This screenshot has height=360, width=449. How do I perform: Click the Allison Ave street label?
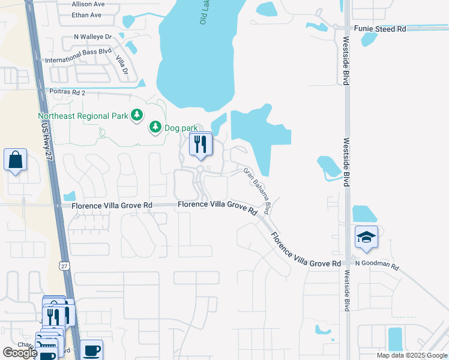coord(88,4)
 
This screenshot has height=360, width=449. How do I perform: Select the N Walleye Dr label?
coord(93,37)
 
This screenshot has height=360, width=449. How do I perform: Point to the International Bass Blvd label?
coord(79,61)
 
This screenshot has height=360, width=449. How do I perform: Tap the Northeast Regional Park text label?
coord(83,116)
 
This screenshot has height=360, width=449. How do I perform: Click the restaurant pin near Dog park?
coord(200,145)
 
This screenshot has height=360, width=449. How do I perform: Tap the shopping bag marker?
coord(16,160)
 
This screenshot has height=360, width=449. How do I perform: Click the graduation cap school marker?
coord(366,238)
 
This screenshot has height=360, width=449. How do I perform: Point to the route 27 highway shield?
coord(64,265)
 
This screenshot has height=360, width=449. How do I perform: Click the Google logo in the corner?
coord(20,353)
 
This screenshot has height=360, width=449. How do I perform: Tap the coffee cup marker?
coord(91,350)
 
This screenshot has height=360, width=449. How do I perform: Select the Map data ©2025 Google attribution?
coord(411,355)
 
